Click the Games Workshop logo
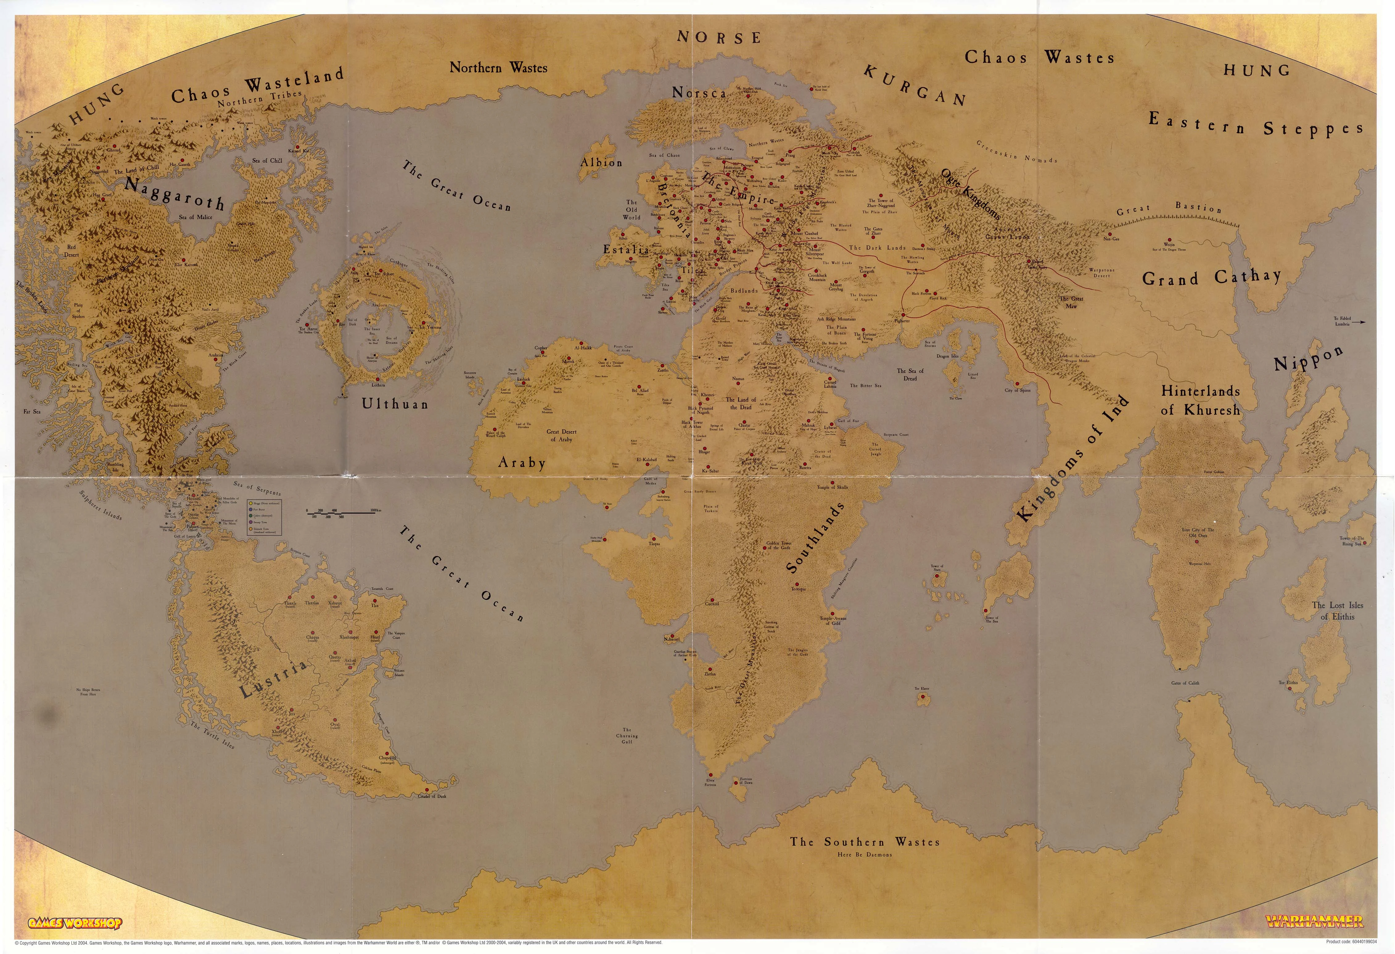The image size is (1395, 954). click(75, 923)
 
